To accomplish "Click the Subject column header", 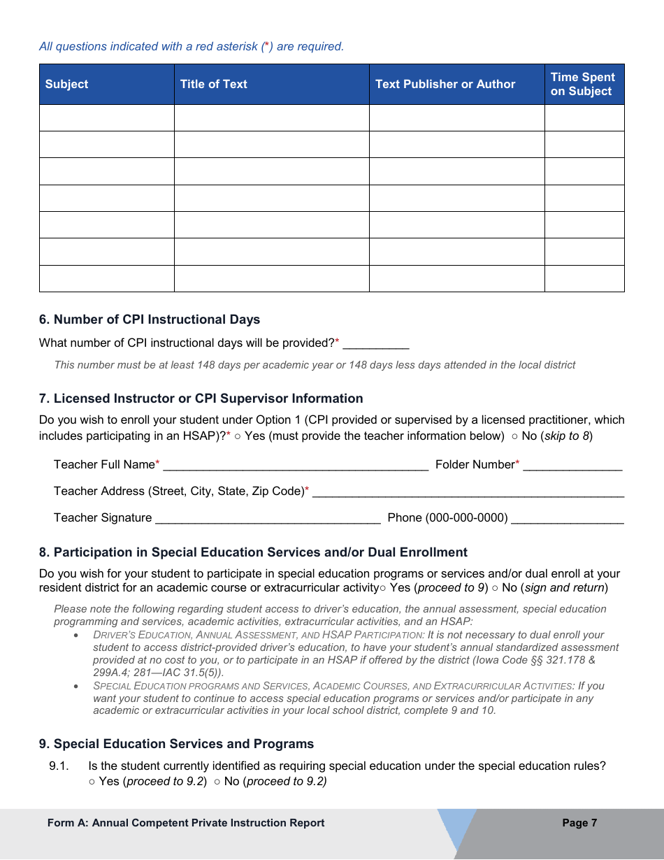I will [x=67, y=85].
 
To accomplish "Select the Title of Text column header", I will [x=213, y=85].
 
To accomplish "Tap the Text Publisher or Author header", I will [x=445, y=85].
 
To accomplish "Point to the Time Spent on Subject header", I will [x=583, y=85].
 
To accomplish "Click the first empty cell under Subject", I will [x=106, y=118].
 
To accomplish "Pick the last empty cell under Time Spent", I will [x=584, y=278].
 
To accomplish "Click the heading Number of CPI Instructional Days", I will [x=150, y=320].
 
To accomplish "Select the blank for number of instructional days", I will [x=375, y=343].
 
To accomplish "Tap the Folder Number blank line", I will [x=572, y=465].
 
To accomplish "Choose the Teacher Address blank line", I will [x=468, y=492].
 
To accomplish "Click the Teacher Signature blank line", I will [x=268, y=518].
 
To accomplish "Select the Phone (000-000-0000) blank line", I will [x=567, y=518].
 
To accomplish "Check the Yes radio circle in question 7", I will [x=238, y=436].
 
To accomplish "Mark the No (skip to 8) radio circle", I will [x=514, y=436].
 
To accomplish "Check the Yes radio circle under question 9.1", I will [x=92, y=782].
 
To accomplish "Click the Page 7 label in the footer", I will [x=579, y=823].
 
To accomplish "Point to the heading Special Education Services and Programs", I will [x=176, y=744].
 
